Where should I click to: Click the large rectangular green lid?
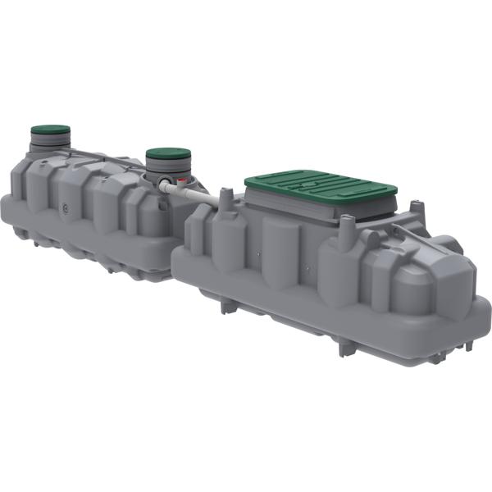[x=320, y=184]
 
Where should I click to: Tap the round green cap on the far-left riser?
[x=50, y=130]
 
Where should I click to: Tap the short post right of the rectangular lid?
[x=416, y=216]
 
